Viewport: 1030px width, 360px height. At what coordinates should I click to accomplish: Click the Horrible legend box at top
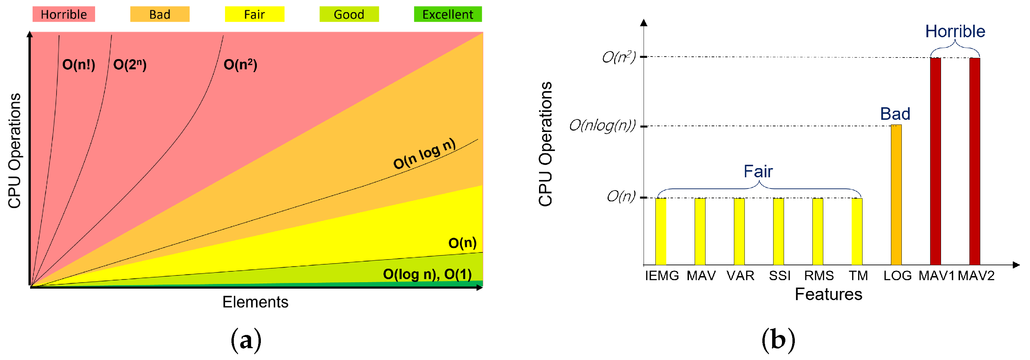point(64,15)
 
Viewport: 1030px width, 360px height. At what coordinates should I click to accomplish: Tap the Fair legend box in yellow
point(254,15)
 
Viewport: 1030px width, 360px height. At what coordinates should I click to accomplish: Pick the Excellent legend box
point(447,15)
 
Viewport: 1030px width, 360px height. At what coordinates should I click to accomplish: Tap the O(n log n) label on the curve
point(424,154)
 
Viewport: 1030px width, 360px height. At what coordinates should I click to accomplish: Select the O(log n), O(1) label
point(427,274)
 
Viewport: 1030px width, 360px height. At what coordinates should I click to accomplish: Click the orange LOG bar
point(896,195)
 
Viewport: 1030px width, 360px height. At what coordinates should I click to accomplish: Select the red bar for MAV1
point(935,161)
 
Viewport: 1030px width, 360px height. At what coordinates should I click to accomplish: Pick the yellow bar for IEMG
point(660,231)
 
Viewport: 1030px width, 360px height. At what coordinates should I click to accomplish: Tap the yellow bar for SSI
point(778,231)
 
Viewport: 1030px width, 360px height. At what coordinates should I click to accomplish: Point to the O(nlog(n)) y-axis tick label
point(602,126)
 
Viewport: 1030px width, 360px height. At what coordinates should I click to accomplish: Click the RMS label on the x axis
point(819,276)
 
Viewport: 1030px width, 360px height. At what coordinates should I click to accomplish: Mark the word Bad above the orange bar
point(895,114)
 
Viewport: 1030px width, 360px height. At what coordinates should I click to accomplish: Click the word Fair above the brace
point(758,172)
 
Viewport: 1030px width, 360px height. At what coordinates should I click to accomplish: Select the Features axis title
point(828,294)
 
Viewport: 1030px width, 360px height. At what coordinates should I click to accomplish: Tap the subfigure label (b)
point(778,340)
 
